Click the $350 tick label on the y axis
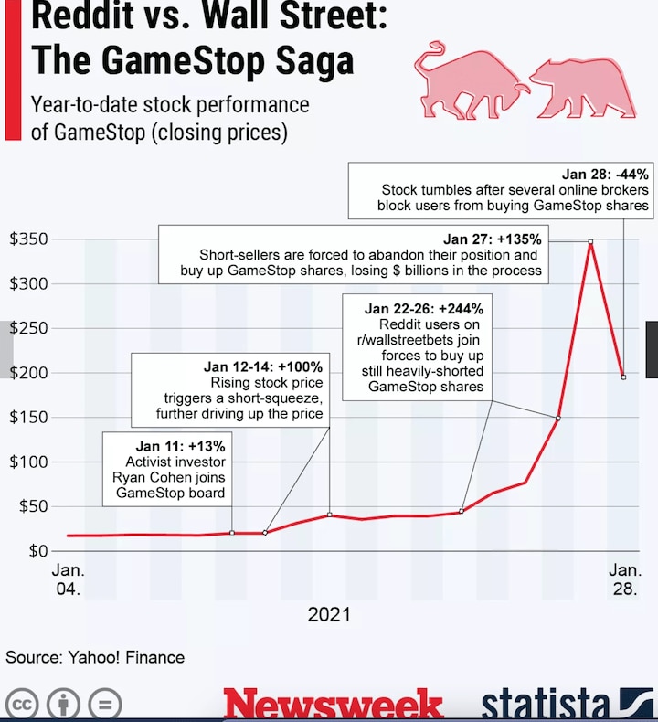(x=27, y=239)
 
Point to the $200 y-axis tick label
(x=27, y=373)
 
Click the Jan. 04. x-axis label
(x=67, y=579)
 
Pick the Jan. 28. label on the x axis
(x=625, y=579)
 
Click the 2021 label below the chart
(x=328, y=614)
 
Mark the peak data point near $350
(x=590, y=241)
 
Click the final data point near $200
(x=623, y=377)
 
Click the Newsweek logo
(x=334, y=704)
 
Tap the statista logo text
(x=546, y=704)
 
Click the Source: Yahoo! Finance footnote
(x=95, y=657)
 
